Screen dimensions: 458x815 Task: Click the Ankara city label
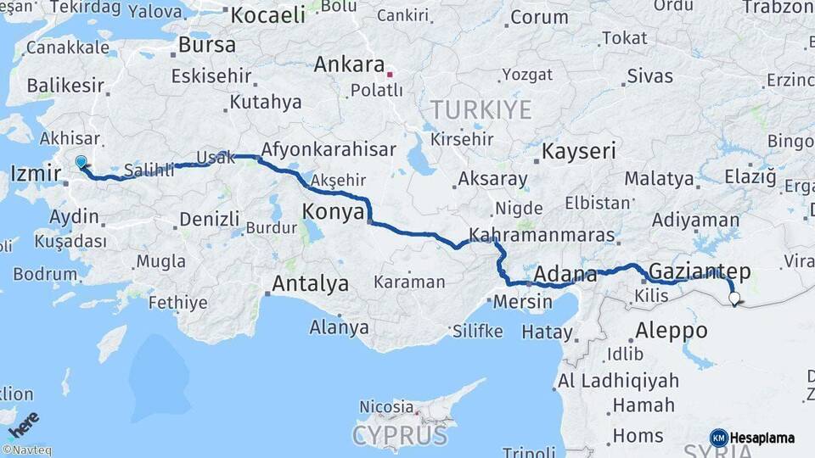(x=349, y=65)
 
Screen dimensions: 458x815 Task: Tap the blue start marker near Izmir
(x=81, y=161)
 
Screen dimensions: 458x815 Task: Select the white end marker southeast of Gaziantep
(x=734, y=298)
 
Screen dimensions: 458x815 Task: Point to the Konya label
(x=334, y=211)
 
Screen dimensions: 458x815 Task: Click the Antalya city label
(x=310, y=283)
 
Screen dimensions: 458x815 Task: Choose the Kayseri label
(x=578, y=152)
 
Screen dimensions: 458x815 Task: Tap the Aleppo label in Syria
(x=672, y=330)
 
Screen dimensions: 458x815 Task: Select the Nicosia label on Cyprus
(x=385, y=407)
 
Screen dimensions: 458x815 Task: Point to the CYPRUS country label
(x=399, y=436)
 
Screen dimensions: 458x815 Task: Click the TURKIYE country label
(x=481, y=109)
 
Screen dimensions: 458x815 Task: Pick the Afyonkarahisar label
(x=329, y=150)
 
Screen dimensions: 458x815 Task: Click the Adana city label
(x=565, y=274)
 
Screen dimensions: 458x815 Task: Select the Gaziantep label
(x=700, y=271)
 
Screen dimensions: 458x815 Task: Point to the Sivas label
(x=649, y=76)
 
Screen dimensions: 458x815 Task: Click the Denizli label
(x=209, y=221)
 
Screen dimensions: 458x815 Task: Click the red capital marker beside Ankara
(x=390, y=74)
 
